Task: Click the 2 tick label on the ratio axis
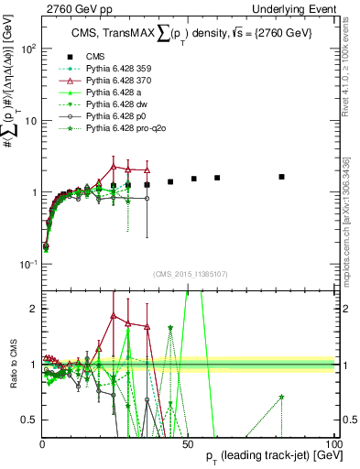point(35,309)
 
